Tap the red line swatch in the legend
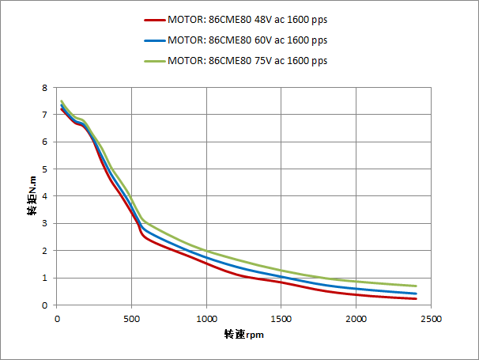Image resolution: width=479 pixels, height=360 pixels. pyautogui.click(x=154, y=21)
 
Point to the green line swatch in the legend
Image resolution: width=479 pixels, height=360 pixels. pyautogui.click(x=154, y=60)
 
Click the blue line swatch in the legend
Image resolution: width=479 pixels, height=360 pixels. pyautogui.click(x=154, y=40)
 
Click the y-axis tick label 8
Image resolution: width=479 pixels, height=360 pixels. pyautogui.click(x=45, y=88)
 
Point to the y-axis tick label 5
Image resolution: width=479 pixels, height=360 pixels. pyautogui.click(x=45, y=169)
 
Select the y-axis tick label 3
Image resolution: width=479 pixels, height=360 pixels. pyautogui.click(x=45, y=224)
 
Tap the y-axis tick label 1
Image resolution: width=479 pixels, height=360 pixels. pyautogui.click(x=45, y=279)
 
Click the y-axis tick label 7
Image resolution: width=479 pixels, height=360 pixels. pyautogui.click(x=45, y=115)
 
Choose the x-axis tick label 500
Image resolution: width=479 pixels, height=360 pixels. pyautogui.click(x=131, y=318)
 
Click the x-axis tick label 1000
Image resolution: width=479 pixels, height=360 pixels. pyautogui.click(x=206, y=318)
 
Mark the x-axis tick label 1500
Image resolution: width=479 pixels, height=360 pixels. pyautogui.click(x=281, y=318)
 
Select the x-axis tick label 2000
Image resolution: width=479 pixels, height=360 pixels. pyautogui.click(x=356, y=318)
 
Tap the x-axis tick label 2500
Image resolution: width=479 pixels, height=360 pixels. pyautogui.click(x=431, y=318)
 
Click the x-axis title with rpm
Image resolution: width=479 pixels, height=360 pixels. pyautogui.click(x=243, y=335)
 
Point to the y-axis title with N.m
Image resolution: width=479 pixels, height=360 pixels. pyautogui.click(x=32, y=196)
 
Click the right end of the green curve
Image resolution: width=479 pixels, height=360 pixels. pyautogui.click(x=416, y=286)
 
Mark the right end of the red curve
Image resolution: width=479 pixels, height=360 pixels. pyautogui.click(x=416, y=299)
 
